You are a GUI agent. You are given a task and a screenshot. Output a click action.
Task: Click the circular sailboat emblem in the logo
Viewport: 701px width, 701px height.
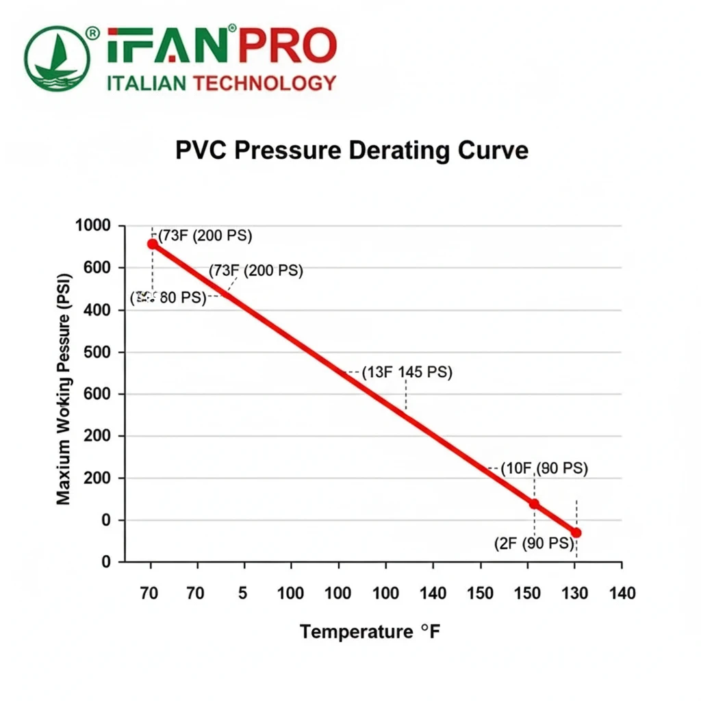(58, 59)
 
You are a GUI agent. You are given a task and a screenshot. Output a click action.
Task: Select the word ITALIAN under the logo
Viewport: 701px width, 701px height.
(147, 84)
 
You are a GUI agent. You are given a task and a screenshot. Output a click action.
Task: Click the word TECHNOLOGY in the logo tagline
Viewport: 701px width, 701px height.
(265, 84)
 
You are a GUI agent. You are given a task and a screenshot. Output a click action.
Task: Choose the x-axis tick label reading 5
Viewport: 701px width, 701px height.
(243, 593)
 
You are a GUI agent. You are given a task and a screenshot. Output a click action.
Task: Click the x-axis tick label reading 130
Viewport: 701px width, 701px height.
(575, 593)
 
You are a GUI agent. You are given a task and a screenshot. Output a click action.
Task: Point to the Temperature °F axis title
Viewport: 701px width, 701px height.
(370, 631)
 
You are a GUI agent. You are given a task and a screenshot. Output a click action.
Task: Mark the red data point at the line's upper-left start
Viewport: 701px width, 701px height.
(152, 244)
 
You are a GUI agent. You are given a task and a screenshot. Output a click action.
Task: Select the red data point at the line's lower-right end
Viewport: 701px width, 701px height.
(576, 533)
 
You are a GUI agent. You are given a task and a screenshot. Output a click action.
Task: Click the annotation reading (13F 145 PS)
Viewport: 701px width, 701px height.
(407, 372)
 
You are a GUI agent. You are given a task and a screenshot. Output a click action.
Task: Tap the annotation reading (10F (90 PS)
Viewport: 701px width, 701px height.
(544, 469)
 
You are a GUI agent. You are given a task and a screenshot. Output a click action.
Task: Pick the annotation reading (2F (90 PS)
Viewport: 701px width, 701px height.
(534, 544)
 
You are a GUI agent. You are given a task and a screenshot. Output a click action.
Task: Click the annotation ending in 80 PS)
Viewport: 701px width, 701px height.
(168, 298)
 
